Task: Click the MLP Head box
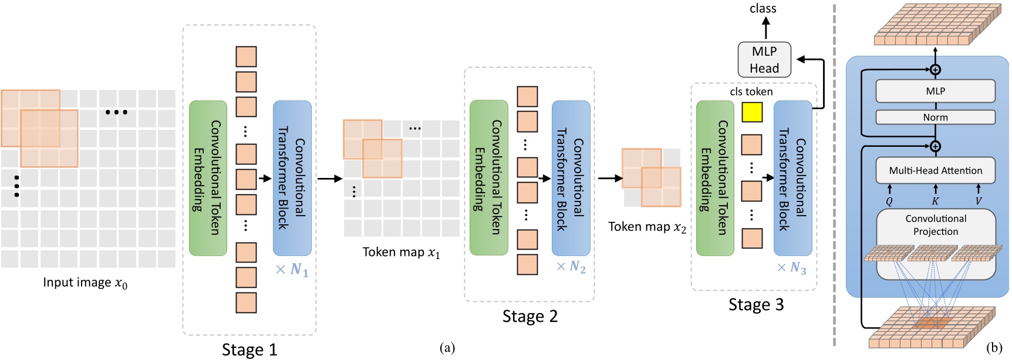(x=764, y=60)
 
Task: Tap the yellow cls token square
(x=752, y=112)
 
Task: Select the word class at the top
(x=763, y=8)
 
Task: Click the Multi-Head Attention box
(x=935, y=171)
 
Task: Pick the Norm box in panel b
(x=935, y=117)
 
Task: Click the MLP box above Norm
(x=935, y=91)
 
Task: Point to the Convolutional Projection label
(x=936, y=225)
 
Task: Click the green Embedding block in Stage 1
(x=208, y=178)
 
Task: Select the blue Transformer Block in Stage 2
(x=571, y=178)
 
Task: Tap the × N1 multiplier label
(x=292, y=270)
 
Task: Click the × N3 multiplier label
(x=792, y=268)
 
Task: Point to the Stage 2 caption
(x=529, y=317)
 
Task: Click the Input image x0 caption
(x=85, y=283)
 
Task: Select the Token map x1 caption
(x=401, y=253)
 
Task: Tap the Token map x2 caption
(x=647, y=227)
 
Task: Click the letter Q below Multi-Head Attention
(x=889, y=201)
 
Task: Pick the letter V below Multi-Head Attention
(x=979, y=201)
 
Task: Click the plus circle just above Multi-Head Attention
(x=936, y=146)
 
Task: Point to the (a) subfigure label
(x=447, y=348)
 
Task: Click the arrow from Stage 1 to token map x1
(x=329, y=179)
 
